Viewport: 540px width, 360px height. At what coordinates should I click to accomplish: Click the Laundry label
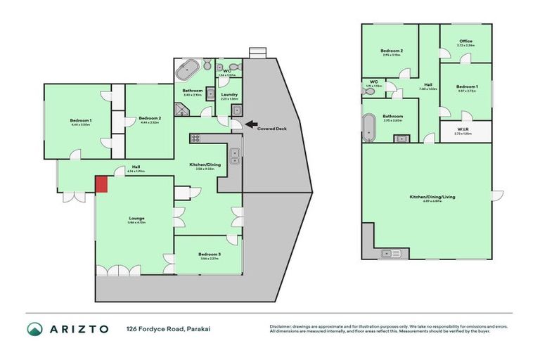pyautogui.click(x=229, y=94)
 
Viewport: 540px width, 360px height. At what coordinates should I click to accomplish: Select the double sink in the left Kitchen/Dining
pyautogui.click(x=235, y=156)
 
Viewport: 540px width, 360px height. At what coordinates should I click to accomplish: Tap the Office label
pyautogui.click(x=465, y=41)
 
